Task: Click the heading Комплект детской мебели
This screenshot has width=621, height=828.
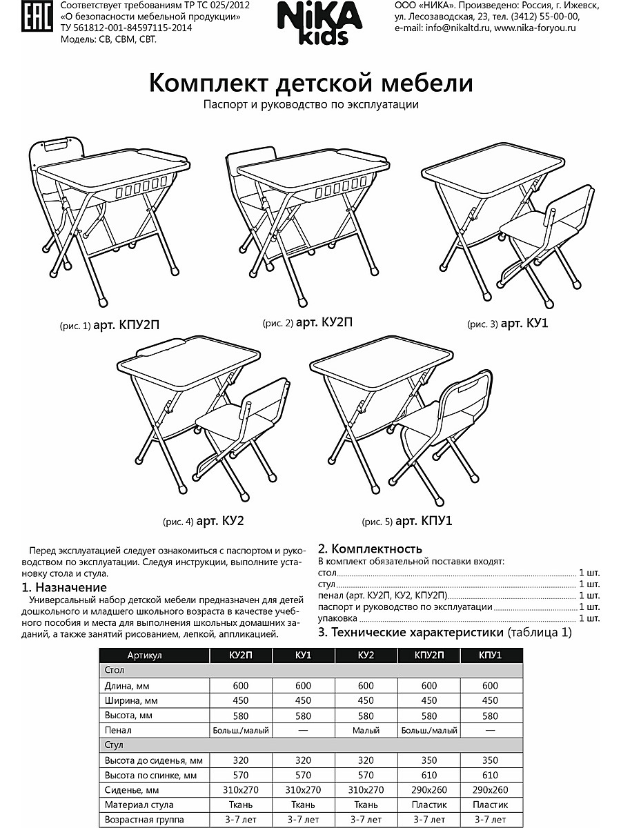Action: coord(311,83)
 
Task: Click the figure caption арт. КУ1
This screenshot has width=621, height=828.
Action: coord(524,322)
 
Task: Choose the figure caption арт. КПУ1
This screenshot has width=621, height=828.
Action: coord(420,521)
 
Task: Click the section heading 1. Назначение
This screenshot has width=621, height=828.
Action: coord(64,587)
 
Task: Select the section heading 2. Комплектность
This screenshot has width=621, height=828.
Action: coord(370,549)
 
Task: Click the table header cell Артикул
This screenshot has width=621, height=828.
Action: coord(144,655)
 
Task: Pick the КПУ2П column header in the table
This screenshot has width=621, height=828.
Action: coord(428,655)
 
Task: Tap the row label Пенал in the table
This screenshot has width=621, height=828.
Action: coord(118,730)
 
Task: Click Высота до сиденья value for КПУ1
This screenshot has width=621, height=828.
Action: coord(490,760)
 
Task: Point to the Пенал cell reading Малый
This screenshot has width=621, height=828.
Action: coord(366,730)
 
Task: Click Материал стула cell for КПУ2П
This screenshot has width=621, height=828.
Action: coord(428,805)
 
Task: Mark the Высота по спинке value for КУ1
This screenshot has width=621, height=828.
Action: coord(303,775)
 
